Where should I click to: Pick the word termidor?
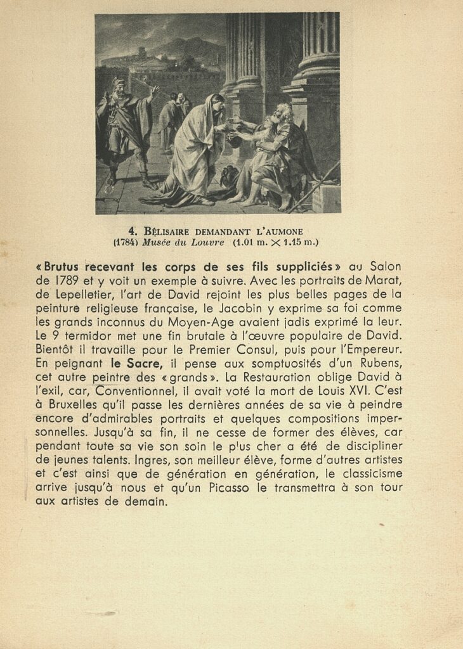tap(89, 336)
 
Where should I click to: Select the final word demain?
tap(147, 502)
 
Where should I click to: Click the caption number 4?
tap(133, 231)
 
